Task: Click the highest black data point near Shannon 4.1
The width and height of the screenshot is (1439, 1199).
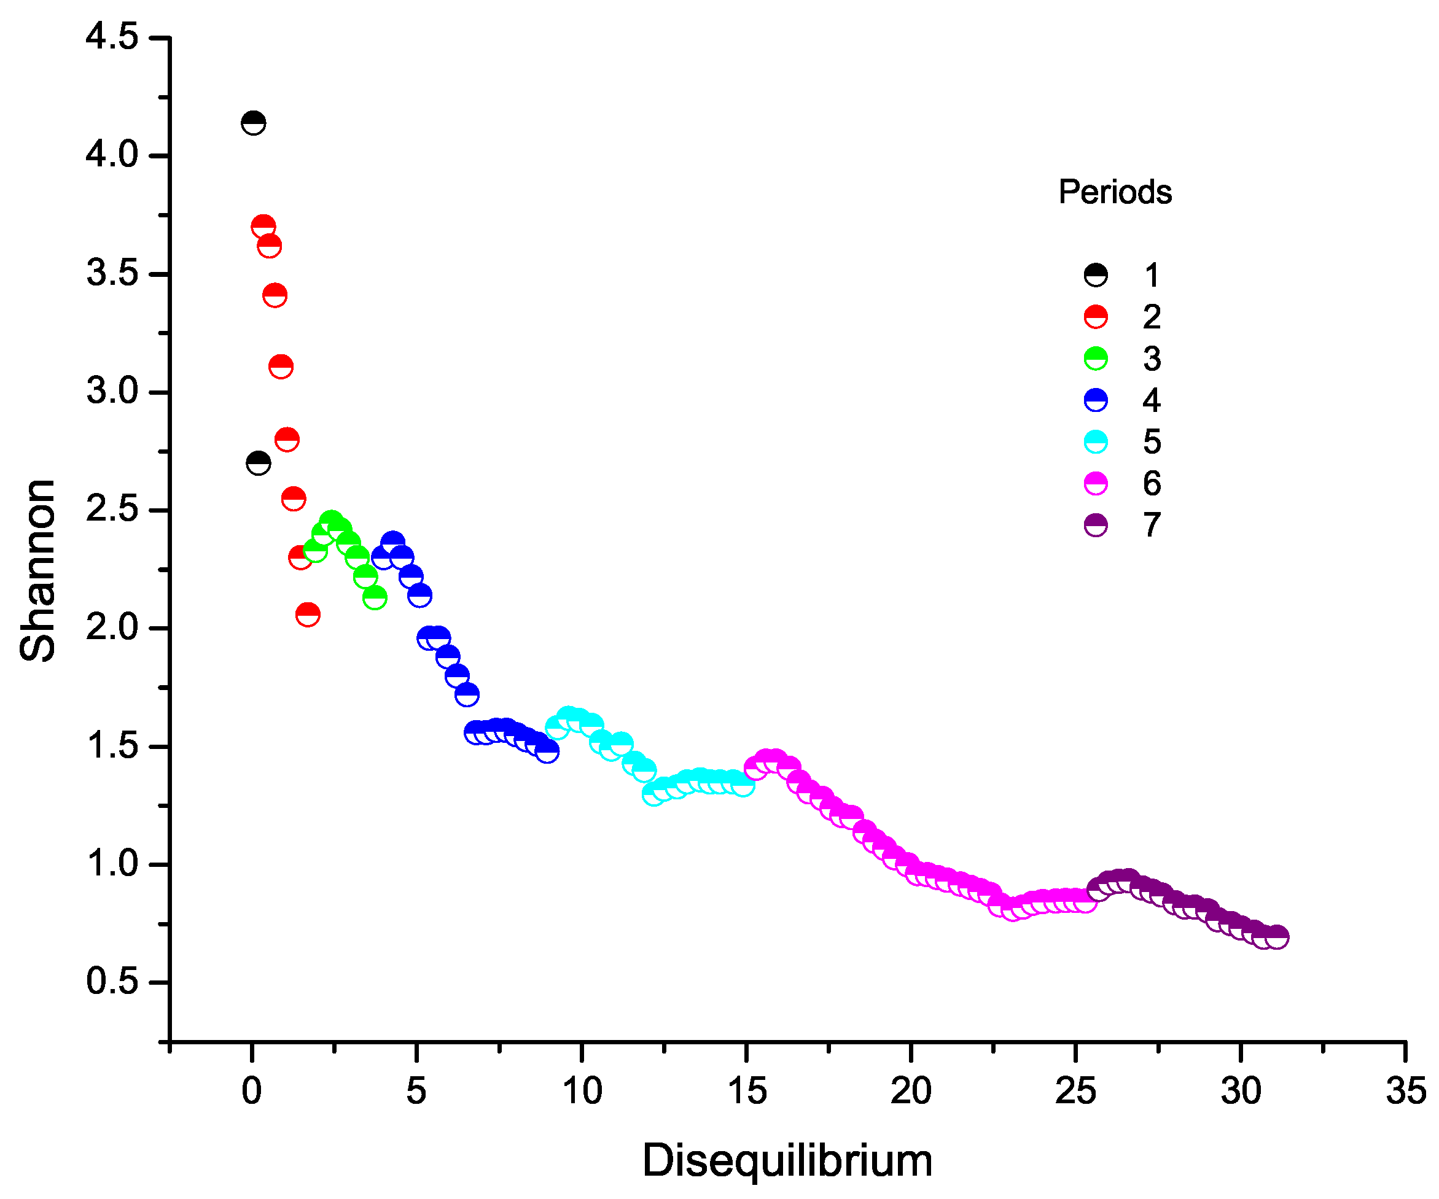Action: (x=254, y=123)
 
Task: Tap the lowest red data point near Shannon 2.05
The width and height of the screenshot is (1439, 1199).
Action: (x=308, y=615)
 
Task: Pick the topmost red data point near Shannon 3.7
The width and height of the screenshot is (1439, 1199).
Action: (x=263, y=226)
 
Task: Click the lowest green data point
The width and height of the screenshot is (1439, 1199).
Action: (x=375, y=597)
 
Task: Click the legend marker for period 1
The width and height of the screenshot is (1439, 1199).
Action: (x=1096, y=275)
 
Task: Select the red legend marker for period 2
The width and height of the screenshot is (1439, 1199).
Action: (x=1096, y=317)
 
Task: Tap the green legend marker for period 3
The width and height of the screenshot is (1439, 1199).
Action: (x=1096, y=359)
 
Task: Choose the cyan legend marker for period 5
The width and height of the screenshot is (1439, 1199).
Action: (x=1096, y=442)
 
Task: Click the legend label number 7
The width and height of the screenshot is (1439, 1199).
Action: (x=1152, y=526)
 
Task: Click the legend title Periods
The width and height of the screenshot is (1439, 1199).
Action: (x=1115, y=192)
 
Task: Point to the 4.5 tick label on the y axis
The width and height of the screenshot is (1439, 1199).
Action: (x=112, y=36)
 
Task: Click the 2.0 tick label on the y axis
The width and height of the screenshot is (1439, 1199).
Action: (x=112, y=627)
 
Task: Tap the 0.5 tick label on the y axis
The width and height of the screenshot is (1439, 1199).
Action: (x=112, y=982)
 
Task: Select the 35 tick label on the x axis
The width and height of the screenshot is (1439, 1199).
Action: (x=1405, y=1090)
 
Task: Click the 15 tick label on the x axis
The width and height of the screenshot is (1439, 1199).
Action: (x=746, y=1090)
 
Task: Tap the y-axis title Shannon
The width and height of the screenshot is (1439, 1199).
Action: (x=37, y=571)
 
